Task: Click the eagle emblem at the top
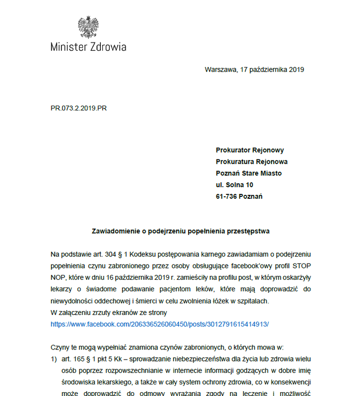[88, 27]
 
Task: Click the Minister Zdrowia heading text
[88, 47]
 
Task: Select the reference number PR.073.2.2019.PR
[79, 108]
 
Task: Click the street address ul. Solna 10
[235, 185]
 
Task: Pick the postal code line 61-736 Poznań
[239, 196]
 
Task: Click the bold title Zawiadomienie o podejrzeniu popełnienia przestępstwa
[180, 231]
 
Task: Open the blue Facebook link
[160, 324]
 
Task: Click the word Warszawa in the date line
[220, 69]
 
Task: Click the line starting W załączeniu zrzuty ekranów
[108, 312]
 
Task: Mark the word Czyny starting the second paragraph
[60, 348]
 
